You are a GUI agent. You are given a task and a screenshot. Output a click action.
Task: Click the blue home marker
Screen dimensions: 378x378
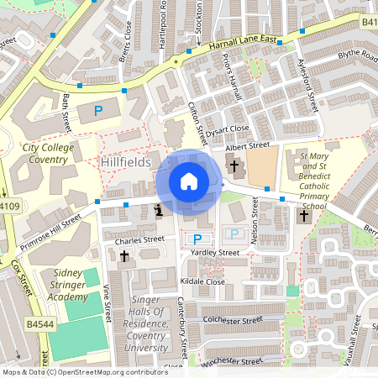coord(189,181)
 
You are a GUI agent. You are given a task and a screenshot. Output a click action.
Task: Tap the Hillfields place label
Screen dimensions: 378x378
coord(125,160)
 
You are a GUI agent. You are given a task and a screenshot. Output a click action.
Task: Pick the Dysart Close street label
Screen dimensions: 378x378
coord(229,129)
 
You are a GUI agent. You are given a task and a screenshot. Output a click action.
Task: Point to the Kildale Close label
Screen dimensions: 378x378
coord(205,281)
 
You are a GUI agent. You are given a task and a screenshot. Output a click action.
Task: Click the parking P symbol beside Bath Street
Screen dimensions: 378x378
coord(98,110)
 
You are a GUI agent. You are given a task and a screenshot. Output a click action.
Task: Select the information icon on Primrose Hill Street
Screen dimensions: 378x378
coord(159,210)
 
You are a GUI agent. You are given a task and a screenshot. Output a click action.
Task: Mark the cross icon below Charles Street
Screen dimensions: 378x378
coord(124,256)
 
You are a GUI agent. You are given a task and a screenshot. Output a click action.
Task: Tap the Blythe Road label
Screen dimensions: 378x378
coord(358,55)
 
